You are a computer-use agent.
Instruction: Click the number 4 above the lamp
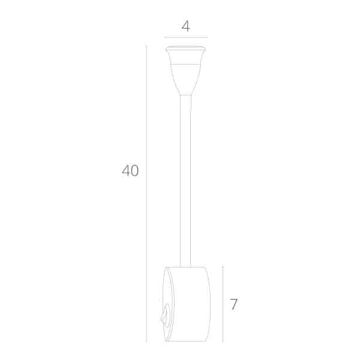point(185,26)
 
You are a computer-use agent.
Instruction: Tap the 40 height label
point(130,171)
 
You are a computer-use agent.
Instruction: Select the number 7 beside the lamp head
point(234,305)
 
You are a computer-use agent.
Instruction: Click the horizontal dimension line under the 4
point(185,37)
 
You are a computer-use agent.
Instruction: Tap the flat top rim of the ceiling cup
point(185,47)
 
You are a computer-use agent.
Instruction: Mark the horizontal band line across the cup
point(185,63)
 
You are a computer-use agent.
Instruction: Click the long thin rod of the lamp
point(185,180)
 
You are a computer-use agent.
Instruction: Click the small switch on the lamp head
point(164,314)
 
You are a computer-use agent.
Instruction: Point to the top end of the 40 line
point(146,46)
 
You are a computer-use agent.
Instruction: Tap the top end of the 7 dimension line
point(223,266)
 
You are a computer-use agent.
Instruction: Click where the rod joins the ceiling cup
point(185,95)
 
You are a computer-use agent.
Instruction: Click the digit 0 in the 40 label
point(134,171)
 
